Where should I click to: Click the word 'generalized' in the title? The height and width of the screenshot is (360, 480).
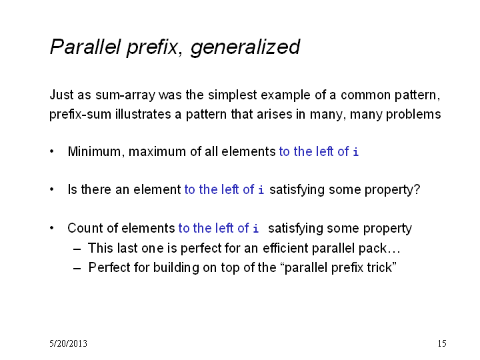tap(245, 47)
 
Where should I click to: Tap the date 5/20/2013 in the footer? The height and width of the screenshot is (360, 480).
tap(68, 343)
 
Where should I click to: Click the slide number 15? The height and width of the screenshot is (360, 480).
tap(442, 343)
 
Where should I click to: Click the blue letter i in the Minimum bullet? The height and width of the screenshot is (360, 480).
tap(355, 151)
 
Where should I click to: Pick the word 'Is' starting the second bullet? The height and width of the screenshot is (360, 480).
tap(72, 189)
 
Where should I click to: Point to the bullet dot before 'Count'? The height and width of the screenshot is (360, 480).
tap(52, 228)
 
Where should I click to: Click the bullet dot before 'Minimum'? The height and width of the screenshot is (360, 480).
tap(52, 151)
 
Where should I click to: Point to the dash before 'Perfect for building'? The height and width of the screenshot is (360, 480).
tap(77, 269)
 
